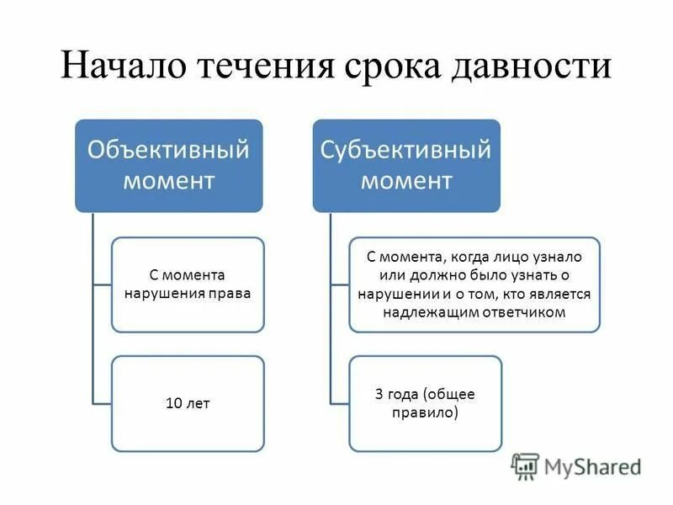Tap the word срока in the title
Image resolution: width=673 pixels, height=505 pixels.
[392, 66]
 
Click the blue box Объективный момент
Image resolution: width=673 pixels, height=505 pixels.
[169, 165]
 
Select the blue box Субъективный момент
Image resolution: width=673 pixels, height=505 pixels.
[406, 165]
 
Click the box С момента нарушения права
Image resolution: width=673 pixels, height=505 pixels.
[188, 284]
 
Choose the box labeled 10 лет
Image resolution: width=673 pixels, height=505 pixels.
[188, 403]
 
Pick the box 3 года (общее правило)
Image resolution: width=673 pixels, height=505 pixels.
[426, 403]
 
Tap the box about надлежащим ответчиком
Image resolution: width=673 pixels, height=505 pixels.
[474, 284]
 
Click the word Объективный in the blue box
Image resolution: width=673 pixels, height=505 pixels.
[169, 151]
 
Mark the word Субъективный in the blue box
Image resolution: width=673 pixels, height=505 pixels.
[406, 151]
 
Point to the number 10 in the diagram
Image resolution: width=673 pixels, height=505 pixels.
[174, 403]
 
